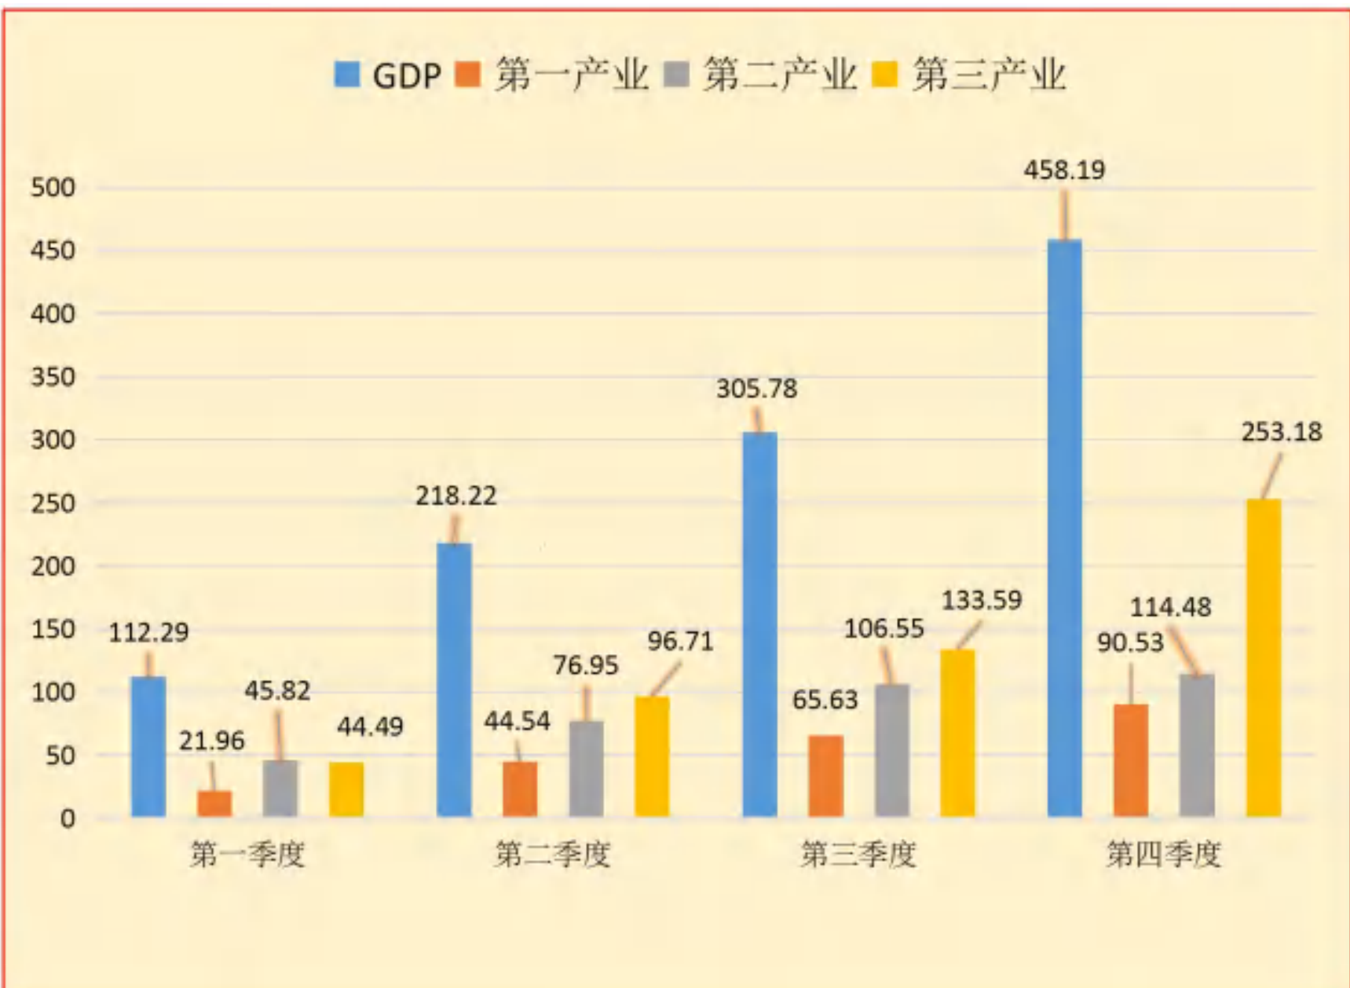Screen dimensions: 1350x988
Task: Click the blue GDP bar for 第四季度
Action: (1065, 528)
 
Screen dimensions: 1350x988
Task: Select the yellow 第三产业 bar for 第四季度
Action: (1264, 657)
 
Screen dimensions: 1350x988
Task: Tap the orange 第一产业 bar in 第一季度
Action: (214, 803)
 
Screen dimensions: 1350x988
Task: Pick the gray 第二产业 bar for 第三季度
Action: (892, 750)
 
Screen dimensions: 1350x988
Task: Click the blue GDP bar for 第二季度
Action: (454, 679)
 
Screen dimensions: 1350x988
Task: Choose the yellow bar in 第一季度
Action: (346, 789)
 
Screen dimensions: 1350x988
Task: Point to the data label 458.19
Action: (1064, 170)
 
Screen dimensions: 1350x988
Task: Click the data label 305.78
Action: (756, 389)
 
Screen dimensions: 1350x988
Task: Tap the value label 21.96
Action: (211, 741)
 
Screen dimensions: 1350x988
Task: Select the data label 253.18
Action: (1282, 432)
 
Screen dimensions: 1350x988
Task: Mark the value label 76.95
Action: (585, 665)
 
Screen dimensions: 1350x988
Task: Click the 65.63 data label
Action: (825, 700)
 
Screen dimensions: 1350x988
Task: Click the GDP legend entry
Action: (387, 75)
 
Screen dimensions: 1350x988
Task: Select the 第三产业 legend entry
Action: (969, 75)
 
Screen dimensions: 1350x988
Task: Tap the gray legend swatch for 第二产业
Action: (676, 75)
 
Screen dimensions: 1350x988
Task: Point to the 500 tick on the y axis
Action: (53, 188)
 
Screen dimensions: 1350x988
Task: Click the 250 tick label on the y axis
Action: (53, 503)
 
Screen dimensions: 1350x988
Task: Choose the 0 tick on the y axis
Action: (68, 818)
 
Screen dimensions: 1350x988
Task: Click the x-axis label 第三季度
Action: (858, 854)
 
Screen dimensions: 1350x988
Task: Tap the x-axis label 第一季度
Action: (247, 854)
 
